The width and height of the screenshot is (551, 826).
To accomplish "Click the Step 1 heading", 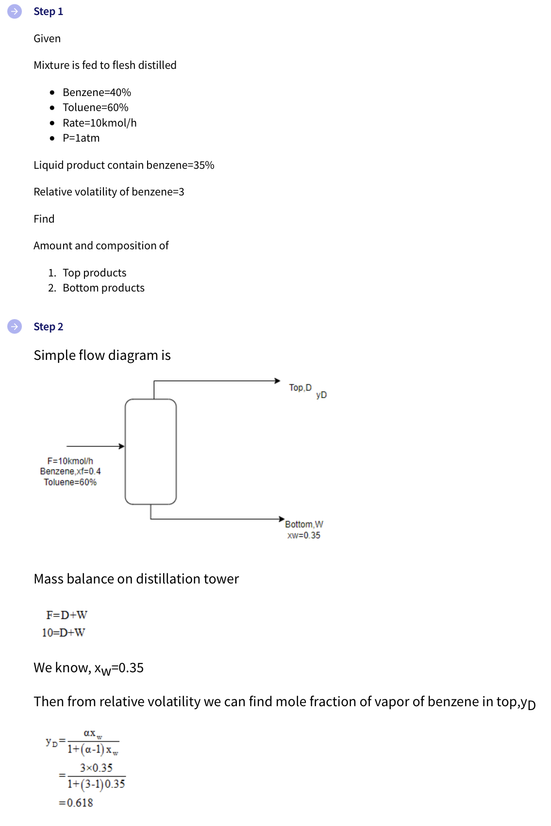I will coord(48,12).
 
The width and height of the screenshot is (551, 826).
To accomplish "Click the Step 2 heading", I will coord(48,327).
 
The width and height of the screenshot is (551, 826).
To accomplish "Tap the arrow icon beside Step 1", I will coord(15,11).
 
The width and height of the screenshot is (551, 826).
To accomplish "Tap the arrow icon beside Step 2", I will coord(15,326).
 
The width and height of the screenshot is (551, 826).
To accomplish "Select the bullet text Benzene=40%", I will coord(97,93).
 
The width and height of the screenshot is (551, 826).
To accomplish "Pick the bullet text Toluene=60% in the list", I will coord(95,108).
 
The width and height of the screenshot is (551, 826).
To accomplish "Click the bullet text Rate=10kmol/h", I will coord(100,123).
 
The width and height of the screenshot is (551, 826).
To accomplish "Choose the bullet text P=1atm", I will coord(81,138).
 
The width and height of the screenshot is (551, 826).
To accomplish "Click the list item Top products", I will coord(94,273).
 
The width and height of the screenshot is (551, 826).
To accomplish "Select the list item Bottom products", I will coord(103,288).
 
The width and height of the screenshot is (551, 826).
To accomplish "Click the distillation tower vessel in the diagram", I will coord(150,452).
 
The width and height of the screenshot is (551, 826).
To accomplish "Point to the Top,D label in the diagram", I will coord(300,388).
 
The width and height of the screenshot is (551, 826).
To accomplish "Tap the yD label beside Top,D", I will coord(321,395).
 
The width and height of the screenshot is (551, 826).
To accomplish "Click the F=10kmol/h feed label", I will coord(70,461).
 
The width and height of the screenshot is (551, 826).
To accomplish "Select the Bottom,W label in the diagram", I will coord(304,524).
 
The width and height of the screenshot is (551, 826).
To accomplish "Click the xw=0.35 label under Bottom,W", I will coord(304,535).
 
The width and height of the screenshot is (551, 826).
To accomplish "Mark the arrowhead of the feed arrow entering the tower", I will coord(122,446).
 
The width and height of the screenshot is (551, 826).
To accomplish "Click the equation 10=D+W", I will coord(63,633).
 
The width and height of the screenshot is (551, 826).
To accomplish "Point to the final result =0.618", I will coord(76,803).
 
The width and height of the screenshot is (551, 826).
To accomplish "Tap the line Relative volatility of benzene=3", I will coord(109,192).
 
